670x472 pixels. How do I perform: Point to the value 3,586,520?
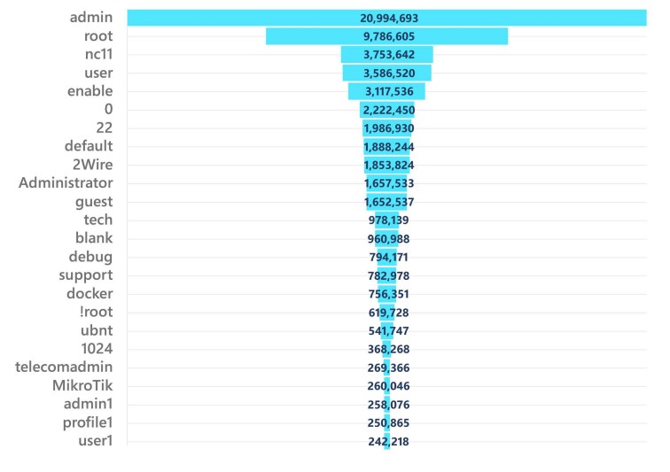[388, 73]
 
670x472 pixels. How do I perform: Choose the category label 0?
[108, 109]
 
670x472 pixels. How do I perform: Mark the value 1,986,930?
[388, 128]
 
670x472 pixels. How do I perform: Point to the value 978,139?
[388, 221]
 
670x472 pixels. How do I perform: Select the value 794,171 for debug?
[388, 257]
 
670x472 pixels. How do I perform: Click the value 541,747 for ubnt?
[388, 330]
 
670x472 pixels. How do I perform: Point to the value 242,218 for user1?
[388, 441]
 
